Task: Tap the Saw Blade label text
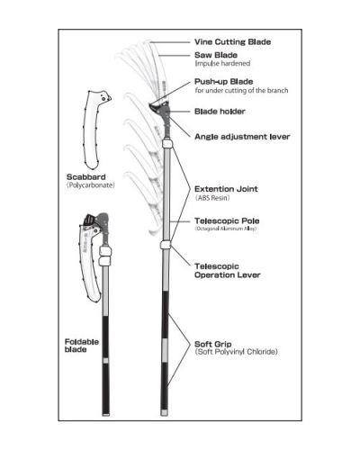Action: (216, 55)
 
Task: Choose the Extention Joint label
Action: (225, 189)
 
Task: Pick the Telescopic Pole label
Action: (227, 220)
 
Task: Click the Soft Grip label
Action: (215, 343)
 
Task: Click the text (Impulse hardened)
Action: (223, 63)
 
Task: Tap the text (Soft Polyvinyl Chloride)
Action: (236, 351)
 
